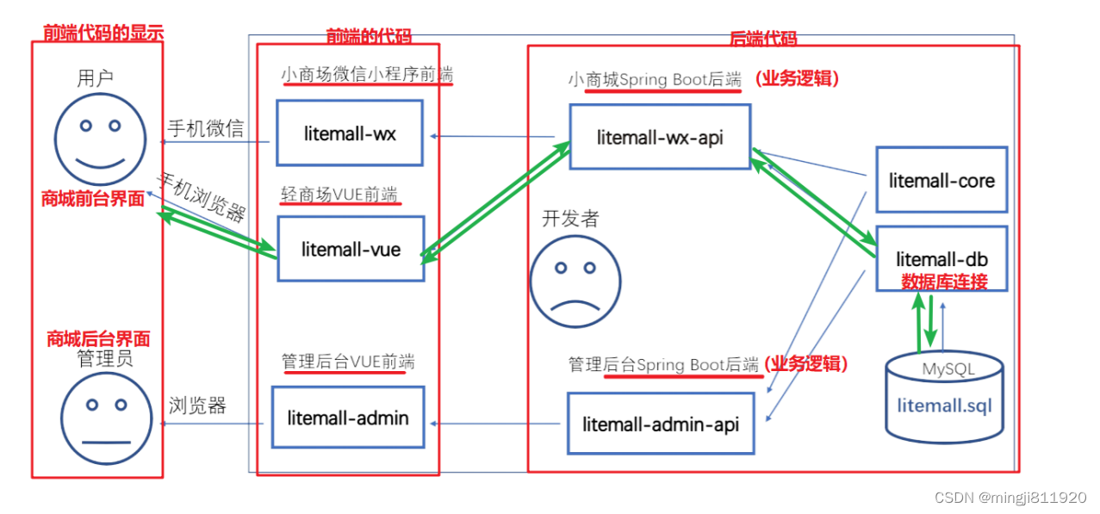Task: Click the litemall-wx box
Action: [x=349, y=133]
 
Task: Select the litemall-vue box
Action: [x=351, y=250]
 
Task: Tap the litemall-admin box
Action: [x=347, y=418]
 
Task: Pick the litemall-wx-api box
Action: [x=659, y=136]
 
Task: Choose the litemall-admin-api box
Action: [x=660, y=424]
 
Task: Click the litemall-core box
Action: [x=941, y=180]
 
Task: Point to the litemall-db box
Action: [x=941, y=258]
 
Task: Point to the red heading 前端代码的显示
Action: [x=103, y=33]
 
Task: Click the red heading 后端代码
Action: [x=762, y=38]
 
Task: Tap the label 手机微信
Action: [x=205, y=129]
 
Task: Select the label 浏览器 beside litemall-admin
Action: [x=197, y=406]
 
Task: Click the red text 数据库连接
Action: [x=943, y=282]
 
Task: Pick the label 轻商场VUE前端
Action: [x=341, y=195]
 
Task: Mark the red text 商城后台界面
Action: [x=98, y=339]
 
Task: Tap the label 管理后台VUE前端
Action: [x=347, y=362]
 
